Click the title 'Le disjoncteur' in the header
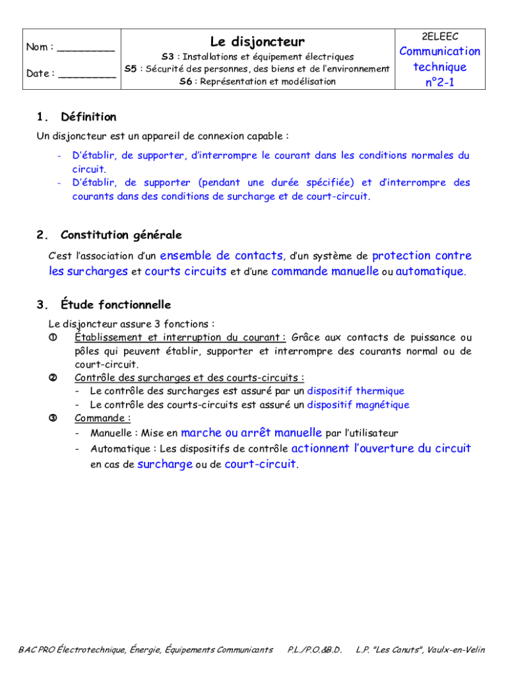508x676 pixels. coord(257,42)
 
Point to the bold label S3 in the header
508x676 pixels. coord(168,57)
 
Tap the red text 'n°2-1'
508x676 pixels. coord(439,83)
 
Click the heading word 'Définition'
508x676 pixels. coord(88,118)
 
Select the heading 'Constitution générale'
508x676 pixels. coord(121,235)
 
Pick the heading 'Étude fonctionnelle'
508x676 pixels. coord(115,305)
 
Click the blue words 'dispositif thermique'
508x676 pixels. coord(356,391)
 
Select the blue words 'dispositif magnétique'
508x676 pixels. coord(358,405)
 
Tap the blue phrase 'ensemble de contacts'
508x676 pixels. coord(222,255)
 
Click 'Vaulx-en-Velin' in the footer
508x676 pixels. coord(456,650)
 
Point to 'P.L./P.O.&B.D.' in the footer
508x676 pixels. coord(315,650)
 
